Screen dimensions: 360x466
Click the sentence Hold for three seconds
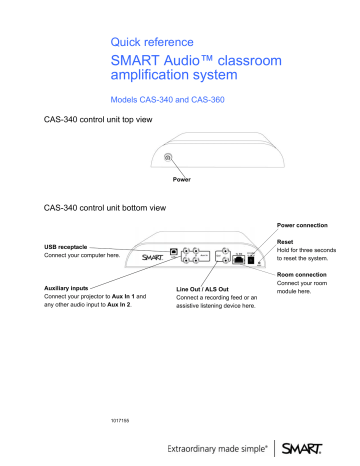coord(312,252)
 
